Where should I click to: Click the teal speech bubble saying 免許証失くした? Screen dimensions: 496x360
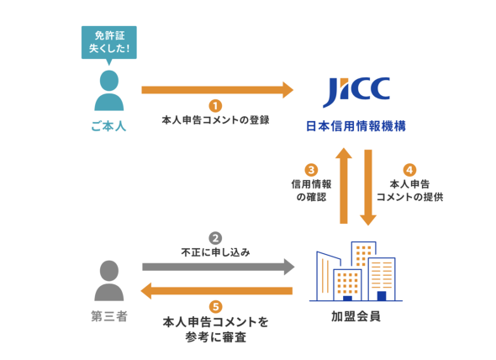click(109, 43)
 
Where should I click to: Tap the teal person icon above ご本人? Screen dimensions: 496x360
click(109, 91)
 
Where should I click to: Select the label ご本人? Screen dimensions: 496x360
click(108, 126)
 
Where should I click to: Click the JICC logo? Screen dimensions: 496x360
click(356, 92)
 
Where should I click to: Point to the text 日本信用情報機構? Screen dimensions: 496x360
click(356, 126)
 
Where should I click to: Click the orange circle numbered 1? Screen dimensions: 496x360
click(215, 106)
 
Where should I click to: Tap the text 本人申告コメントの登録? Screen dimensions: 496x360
click(215, 120)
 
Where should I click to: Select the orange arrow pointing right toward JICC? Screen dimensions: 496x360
click(218, 90)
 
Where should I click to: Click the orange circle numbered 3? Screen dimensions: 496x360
click(311, 170)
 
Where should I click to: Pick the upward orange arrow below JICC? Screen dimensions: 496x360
click(344, 186)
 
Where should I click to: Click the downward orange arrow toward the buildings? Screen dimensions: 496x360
click(368, 188)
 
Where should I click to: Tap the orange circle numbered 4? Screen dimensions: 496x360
click(409, 170)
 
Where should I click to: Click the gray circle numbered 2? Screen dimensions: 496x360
click(215, 238)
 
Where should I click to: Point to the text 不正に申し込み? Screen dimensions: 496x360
click(215, 252)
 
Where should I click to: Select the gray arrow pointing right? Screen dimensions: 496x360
click(219, 267)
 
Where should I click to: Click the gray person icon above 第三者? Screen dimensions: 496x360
click(109, 281)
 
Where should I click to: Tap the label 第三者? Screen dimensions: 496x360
click(109, 316)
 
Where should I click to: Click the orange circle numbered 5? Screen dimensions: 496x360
click(215, 307)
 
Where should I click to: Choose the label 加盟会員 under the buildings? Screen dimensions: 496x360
click(356, 316)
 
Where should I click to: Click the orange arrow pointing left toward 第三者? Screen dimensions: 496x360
click(216, 291)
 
